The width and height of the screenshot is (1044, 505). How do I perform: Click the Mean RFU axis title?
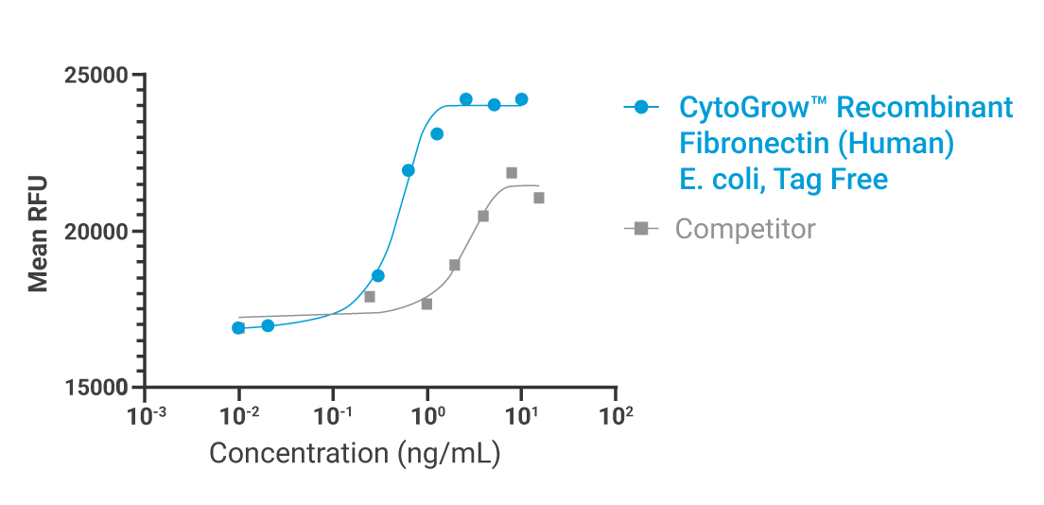(x=38, y=232)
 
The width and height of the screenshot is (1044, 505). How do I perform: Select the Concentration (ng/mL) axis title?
(x=355, y=453)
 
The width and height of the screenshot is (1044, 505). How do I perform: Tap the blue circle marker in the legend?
(x=642, y=108)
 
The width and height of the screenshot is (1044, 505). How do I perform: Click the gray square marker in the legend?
(x=642, y=228)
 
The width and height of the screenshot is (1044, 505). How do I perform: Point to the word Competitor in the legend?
(x=745, y=229)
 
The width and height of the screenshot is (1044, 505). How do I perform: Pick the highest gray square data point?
(x=512, y=173)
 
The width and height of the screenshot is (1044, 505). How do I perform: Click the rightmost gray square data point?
(x=539, y=198)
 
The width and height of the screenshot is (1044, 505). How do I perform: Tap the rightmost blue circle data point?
(x=521, y=99)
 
